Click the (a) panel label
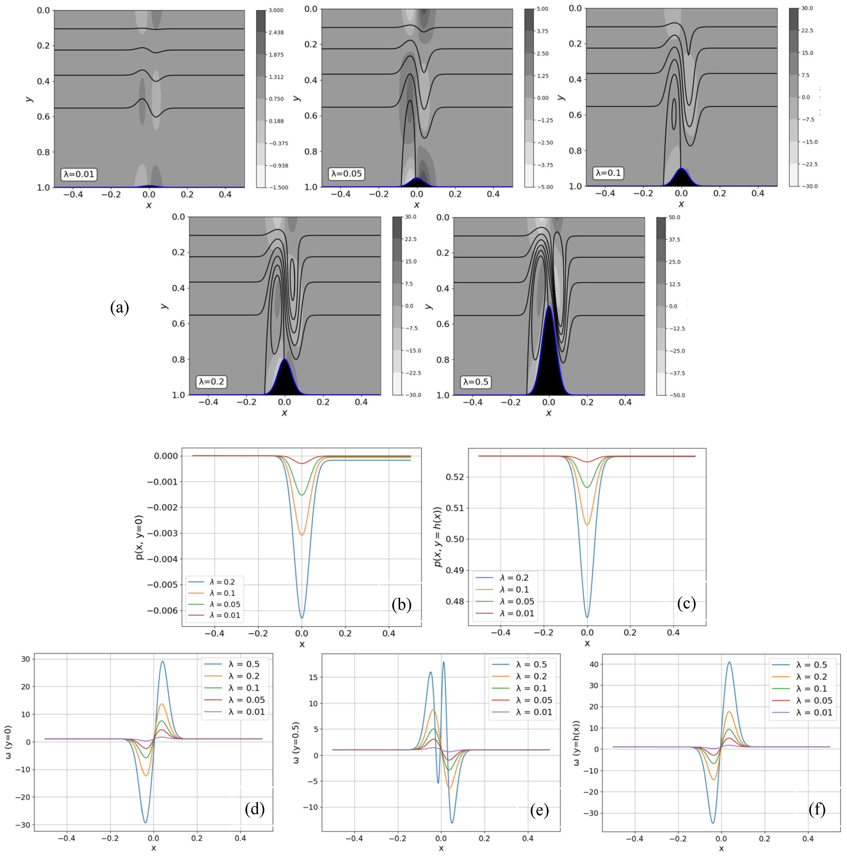point(119,307)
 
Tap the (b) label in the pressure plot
point(401,604)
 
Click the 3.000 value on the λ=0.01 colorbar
point(276,10)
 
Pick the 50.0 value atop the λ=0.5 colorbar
point(674,217)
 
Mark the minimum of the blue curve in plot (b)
point(302,617)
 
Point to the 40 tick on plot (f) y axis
point(594,664)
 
